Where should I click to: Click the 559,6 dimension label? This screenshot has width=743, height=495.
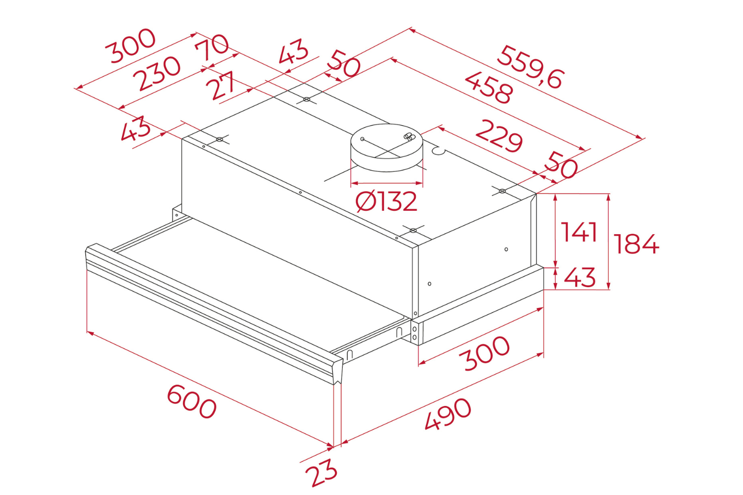530,67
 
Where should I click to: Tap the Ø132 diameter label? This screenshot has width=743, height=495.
386,201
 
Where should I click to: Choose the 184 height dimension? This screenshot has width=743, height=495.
636,244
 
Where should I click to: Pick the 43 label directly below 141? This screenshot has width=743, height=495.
580,278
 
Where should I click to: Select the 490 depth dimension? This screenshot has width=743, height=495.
448,414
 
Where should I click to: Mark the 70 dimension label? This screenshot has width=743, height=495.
212,47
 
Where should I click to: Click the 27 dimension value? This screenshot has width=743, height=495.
223,85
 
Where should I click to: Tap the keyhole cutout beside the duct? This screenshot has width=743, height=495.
438,149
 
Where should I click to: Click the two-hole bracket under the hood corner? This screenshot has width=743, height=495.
415,333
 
